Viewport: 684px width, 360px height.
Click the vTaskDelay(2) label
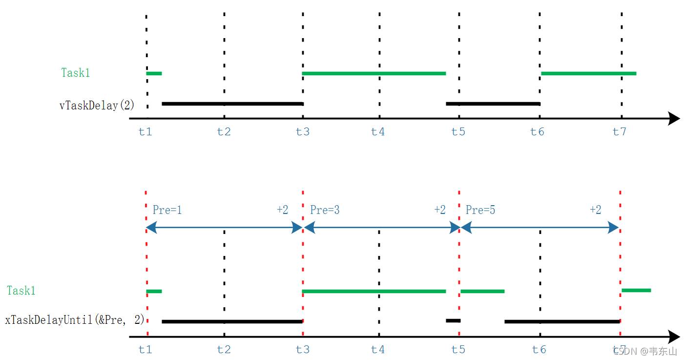(x=97, y=106)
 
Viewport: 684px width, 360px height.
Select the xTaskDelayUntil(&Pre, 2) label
(x=75, y=320)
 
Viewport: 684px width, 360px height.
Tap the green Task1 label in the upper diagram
(x=75, y=73)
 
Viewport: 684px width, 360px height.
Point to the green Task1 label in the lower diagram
(x=21, y=290)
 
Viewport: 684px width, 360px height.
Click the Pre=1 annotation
(x=167, y=210)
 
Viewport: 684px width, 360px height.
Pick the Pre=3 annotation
(x=325, y=210)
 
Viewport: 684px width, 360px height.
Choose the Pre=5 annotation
(x=480, y=210)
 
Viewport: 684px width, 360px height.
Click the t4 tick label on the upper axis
(x=378, y=132)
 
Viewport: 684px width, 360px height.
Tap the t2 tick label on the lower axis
(x=224, y=349)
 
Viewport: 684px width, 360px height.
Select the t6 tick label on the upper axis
(x=537, y=132)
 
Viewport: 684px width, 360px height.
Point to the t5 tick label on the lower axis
(x=458, y=349)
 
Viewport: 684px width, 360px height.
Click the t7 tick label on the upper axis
(x=620, y=132)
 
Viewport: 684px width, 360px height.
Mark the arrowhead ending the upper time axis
(x=674, y=119)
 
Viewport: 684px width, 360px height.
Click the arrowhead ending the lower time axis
(x=674, y=337)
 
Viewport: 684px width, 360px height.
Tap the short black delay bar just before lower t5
(x=453, y=320)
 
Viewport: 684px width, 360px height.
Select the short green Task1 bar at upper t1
(x=154, y=73)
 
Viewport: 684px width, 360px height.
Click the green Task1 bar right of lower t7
(x=636, y=290)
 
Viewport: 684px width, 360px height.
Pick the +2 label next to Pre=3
(x=440, y=210)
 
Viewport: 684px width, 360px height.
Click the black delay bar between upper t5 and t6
(x=493, y=104)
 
